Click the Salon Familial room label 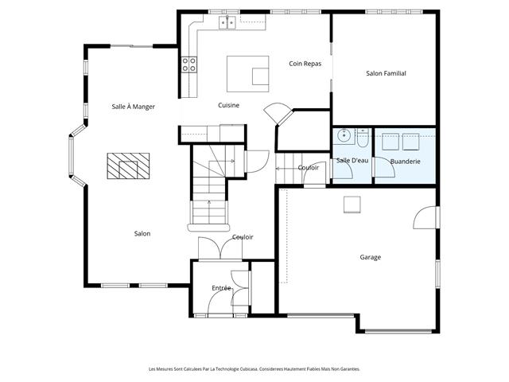coord(386,73)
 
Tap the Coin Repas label coord(305,64)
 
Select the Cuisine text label coord(228,105)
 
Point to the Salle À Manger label coord(133,107)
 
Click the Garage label coord(371,257)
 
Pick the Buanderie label coord(405,162)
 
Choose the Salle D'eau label coord(352,161)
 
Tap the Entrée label coord(221,288)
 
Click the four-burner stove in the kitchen coord(189,64)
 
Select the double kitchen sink coord(227,23)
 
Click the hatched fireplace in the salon coord(128,166)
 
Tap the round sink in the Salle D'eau coord(344,135)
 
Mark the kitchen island coord(247,74)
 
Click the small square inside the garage coord(352,205)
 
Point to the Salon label coord(142,233)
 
